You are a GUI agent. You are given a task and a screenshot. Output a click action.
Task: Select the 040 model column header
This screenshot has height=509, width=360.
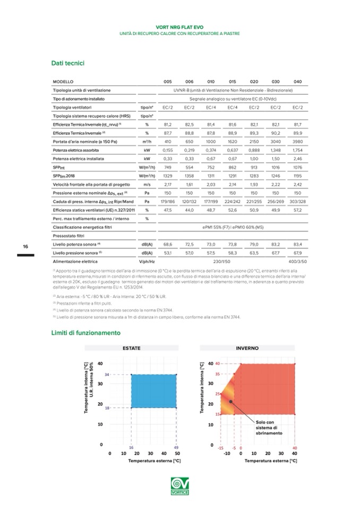click(x=297, y=82)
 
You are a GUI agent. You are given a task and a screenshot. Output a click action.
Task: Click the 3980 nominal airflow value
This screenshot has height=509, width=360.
click(x=297, y=142)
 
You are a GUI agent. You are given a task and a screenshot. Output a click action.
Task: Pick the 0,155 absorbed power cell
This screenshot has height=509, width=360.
click(x=167, y=150)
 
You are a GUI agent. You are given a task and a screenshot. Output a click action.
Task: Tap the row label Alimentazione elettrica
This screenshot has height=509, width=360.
click(x=74, y=262)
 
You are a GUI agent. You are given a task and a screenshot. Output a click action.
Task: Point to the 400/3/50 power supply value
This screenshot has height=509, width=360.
click(x=297, y=262)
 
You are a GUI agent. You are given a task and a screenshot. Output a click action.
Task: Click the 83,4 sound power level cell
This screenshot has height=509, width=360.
click(x=297, y=244)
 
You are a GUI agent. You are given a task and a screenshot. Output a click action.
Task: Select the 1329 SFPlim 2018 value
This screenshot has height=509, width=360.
click(x=167, y=176)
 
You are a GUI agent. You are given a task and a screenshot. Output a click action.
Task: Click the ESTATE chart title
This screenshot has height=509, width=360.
click(x=132, y=348)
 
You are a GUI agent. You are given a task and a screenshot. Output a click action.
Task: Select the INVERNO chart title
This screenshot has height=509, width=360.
click(x=247, y=348)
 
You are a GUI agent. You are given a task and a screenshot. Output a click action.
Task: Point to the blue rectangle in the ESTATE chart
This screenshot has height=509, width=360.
click(x=153, y=391)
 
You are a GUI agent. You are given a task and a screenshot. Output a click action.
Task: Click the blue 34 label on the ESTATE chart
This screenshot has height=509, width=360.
click(x=107, y=375)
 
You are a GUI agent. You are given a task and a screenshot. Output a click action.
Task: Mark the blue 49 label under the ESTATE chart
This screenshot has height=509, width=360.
click(x=176, y=448)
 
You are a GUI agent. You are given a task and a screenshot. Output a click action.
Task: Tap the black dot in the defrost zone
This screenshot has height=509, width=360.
click(x=231, y=402)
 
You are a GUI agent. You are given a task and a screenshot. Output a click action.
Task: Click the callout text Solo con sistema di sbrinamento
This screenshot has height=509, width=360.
click(x=270, y=427)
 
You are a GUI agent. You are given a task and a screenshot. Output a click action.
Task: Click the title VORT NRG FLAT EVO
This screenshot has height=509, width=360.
click(x=180, y=27)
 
